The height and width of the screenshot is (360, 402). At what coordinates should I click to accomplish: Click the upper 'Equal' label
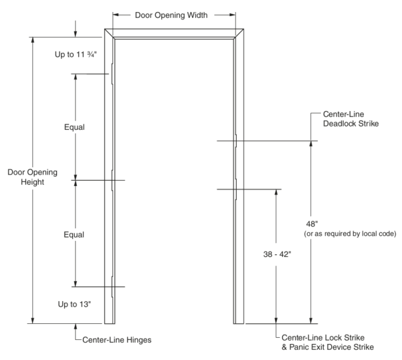click(x=75, y=126)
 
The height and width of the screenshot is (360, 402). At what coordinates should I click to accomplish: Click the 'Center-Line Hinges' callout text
click(x=116, y=339)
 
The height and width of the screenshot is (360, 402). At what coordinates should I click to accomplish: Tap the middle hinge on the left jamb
click(x=113, y=179)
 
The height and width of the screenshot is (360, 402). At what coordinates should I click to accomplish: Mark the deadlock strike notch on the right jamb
click(x=235, y=141)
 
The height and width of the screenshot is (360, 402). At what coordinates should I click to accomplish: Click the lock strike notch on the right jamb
click(x=235, y=189)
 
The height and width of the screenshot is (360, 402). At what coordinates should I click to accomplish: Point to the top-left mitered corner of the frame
click(x=110, y=33)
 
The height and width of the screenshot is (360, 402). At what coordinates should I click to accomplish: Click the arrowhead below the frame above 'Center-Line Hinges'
click(x=75, y=327)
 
